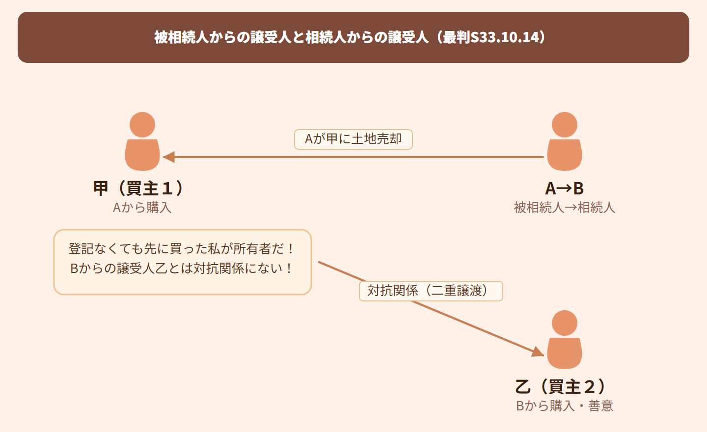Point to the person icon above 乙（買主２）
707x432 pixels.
tap(565, 340)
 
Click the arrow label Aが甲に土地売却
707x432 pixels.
tap(353, 139)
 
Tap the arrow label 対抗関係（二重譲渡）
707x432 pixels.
tap(431, 291)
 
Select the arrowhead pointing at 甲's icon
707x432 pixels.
tap(169, 157)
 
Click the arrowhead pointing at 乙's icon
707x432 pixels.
tap(538, 351)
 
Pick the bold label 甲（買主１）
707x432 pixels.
tap(139, 188)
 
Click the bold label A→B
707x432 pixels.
tap(565, 189)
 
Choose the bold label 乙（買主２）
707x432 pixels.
tap(562, 387)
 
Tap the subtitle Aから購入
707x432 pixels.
tap(142, 208)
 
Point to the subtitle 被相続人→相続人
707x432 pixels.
tap(565, 208)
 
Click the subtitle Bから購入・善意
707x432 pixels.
tap(565, 406)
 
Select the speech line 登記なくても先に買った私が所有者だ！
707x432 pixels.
tap(182, 249)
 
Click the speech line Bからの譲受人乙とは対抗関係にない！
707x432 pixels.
tap(182, 269)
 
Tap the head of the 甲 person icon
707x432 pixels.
tap(142, 125)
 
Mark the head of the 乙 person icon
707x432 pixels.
tap(565, 323)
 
